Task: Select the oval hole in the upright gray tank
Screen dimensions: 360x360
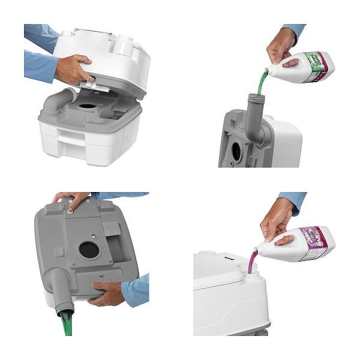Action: click(x=236, y=151)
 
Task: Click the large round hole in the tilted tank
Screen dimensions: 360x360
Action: click(x=88, y=249)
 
